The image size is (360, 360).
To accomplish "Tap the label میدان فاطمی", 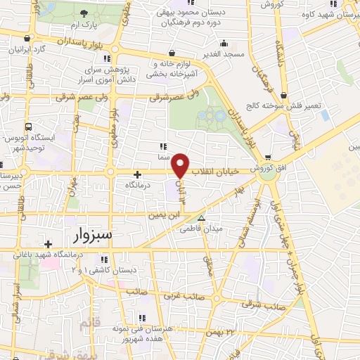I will click(202, 229).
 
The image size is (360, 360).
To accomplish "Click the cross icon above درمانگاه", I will click(137, 174).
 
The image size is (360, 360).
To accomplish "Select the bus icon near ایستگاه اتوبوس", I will click(29, 127).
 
